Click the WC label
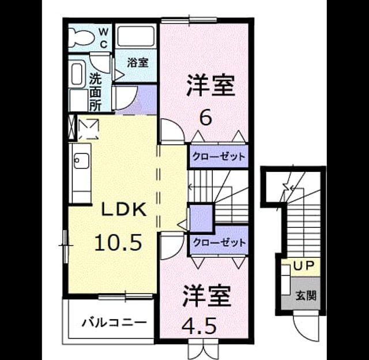(103, 37)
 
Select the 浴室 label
(138, 63)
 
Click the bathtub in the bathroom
(135, 37)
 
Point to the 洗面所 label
(95, 92)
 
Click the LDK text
(124, 210)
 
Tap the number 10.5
(118, 242)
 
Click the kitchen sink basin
(81, 161)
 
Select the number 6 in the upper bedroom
(206, 118)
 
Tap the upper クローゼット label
(219, 156)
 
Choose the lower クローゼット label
(219, 242)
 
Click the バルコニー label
(114, 322)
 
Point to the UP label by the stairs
(304, 266)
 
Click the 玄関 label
(306, 295)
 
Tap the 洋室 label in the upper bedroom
(210, 85)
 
